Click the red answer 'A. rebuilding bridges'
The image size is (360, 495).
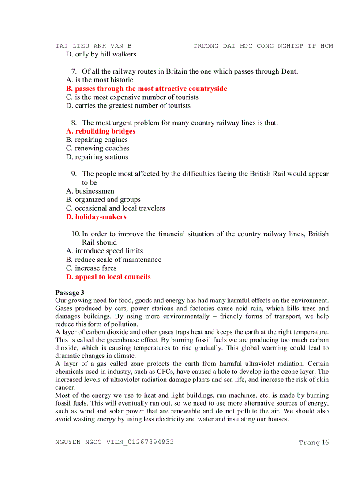[101, 131]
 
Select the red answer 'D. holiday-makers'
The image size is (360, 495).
[96, 217]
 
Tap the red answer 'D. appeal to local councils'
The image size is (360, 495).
[108, 277]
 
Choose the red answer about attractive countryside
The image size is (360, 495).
[146, 89]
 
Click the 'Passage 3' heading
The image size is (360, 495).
[70, 293]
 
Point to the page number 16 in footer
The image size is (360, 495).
[326, 443]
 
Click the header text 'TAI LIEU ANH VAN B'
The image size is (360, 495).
[94, 46]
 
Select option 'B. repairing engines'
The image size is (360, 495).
[97, 140]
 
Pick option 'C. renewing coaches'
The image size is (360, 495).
[97, 148]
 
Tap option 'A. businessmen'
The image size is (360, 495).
[90, 191]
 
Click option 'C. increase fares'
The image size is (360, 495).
[91, 268]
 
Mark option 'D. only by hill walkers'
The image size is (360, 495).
[101, 54]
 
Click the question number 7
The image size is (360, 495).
[74, 71]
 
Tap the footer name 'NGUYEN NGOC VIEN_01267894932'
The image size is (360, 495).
[115, 442]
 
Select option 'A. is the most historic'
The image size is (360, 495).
[99, 80]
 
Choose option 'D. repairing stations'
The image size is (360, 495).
[97, 157]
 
